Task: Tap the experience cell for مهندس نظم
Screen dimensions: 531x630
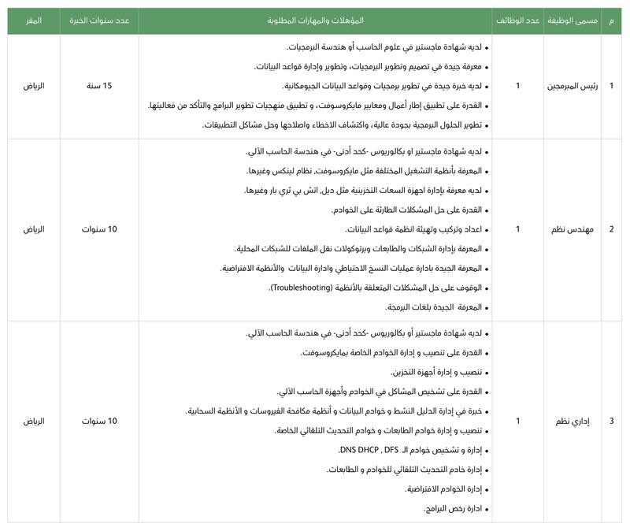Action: tap(99, 230)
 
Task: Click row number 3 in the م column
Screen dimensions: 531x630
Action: tap(612, 421)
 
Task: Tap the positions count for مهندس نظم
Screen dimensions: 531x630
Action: tap(517, 230)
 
